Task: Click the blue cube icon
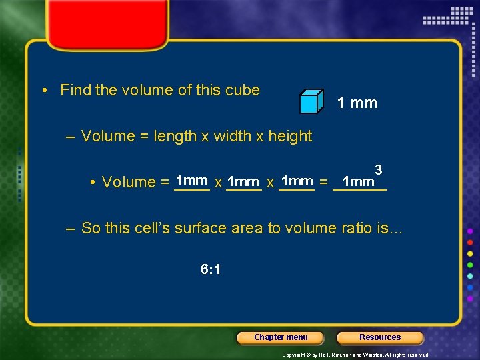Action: [x=311, y=101]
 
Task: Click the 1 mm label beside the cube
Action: [x=357, y=103]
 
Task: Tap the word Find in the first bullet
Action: [x=75, y=90]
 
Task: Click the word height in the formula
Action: [x=289, y=136]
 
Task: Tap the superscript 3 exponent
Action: [x=378, y=170]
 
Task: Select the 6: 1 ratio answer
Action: [x=211, y=270]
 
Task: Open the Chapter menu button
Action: [x=281, y=337]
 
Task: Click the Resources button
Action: [x=380, y=337]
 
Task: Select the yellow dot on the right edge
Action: [x=470, y=254]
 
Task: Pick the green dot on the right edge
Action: [x=470, y=265]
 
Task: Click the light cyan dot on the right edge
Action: [x=470, y=277]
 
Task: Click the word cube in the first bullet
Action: [x=244, y=90]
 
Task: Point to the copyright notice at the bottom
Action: [x=356, y=355]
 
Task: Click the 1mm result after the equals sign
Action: [x=358, y=182]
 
